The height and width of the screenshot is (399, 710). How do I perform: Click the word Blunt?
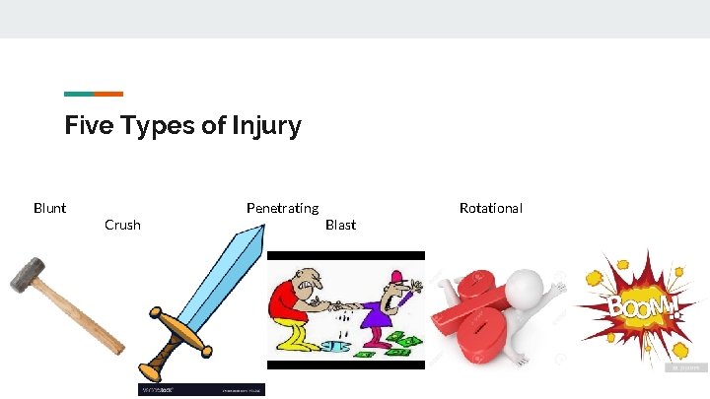(x=49, y=208)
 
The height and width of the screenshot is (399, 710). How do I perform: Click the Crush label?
(x=122, y=225)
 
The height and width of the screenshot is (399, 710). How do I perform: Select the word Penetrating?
(x=282, y=208)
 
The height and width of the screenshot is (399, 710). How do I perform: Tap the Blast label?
(x=340, y=225)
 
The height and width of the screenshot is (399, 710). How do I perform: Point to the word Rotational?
(x=490, y=208)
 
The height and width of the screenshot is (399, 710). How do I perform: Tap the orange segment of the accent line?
(x=108, y=94)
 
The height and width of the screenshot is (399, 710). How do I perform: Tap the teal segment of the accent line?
(x=79, y=94)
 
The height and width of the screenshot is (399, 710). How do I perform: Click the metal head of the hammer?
(x=30, y=275)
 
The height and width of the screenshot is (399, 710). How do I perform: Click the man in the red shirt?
(x=292, y=305)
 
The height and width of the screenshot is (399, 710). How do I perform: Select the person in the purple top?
(x=380, y=310)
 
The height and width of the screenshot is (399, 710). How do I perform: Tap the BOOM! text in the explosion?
(x=642, y=307)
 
